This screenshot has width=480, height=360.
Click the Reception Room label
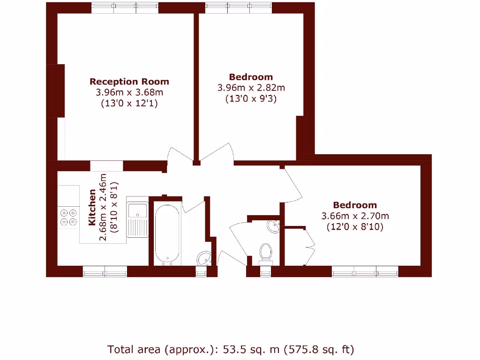point(129,82)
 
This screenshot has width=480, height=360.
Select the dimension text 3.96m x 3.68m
point(129,93)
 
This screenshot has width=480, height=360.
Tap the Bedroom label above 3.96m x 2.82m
point(251,77)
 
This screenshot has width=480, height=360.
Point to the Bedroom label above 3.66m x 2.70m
point(355,205)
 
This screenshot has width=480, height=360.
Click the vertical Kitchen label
point(92,207)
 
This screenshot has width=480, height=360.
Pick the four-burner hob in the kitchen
point(68,218)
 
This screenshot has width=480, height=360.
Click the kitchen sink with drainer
point(137,220)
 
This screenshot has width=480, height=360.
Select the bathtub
point(167,233)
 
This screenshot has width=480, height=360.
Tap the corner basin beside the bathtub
point(204,257)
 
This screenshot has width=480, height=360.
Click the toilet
point(266,252)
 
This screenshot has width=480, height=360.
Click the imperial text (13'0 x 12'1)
point(129,104)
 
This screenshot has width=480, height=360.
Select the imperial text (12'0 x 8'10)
point(355,227)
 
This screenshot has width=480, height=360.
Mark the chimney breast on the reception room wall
point(55,90)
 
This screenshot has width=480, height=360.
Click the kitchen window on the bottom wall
point(105,271)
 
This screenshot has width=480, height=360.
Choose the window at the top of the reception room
point(125,7)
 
